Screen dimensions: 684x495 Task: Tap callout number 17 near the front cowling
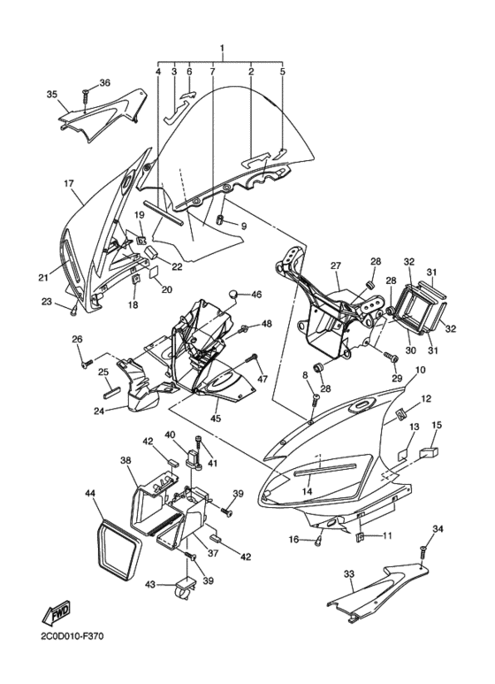coord(68,184)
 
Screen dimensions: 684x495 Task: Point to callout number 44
coord(90,492)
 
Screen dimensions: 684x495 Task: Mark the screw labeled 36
coord(86,91)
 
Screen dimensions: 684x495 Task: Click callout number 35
coord(51,94)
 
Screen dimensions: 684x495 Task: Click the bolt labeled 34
coord(423,554)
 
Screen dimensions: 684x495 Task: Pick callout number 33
coord(349,574)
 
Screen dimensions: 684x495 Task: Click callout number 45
coord(216,418)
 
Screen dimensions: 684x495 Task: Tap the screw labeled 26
coord(86,363)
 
